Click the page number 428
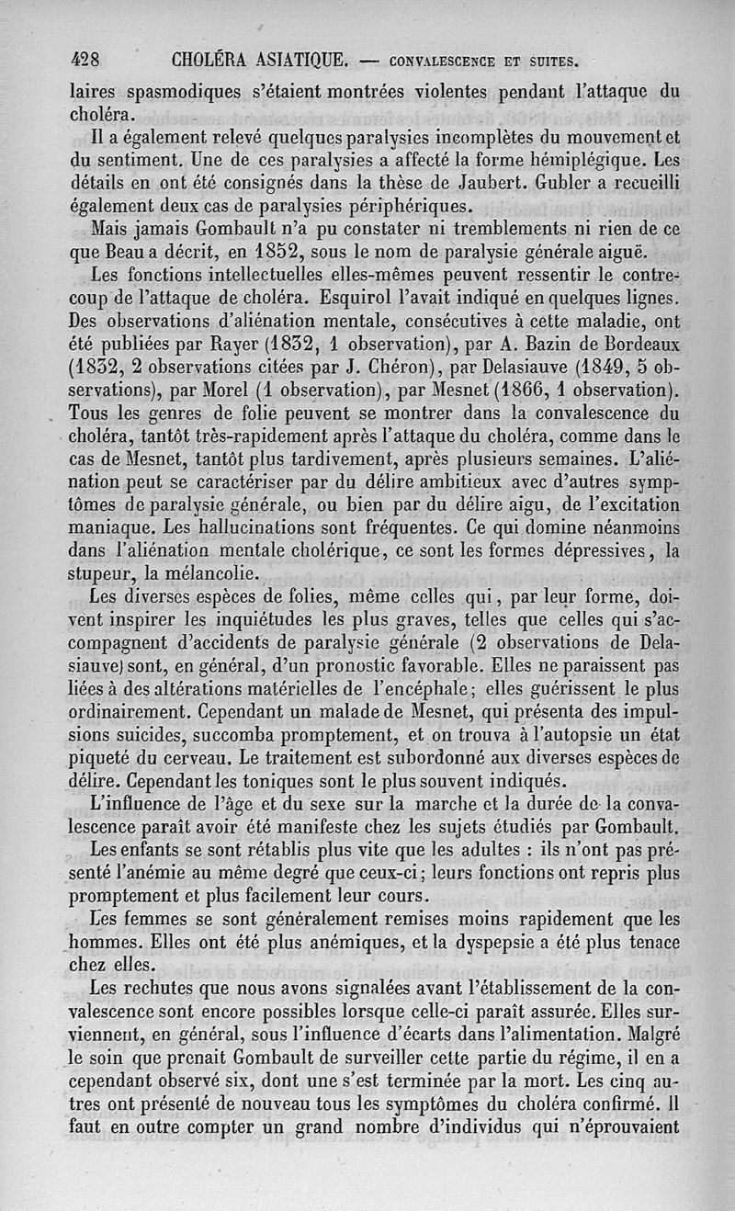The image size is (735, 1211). click(89, 62)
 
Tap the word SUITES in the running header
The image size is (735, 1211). click(548, 62)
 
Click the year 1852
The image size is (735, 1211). click(277, 251)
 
